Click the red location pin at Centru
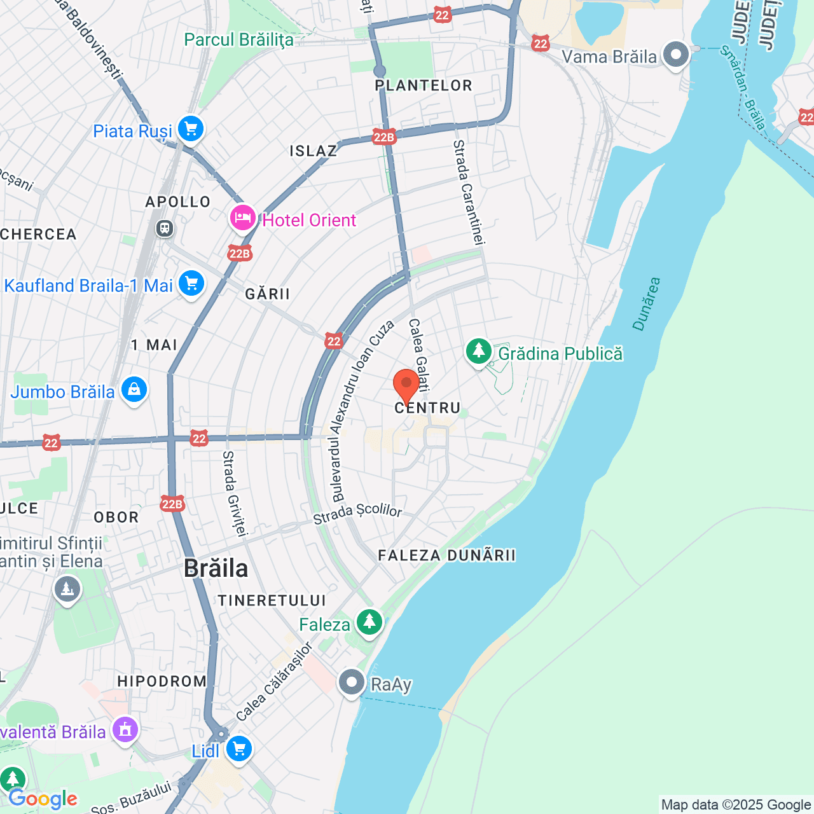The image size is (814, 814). point(406,384)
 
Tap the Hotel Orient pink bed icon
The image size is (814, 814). point(242,218)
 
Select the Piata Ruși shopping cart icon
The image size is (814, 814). point(190,129)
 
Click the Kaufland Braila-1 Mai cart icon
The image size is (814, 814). point(191,284)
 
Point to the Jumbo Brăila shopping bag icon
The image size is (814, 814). point(134,389)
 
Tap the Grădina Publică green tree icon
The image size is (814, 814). point(478,351)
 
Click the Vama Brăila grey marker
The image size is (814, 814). point(675,54)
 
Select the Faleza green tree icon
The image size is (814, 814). point(369,621)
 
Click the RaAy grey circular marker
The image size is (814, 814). point(351,682)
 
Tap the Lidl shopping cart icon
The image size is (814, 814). point(238,748)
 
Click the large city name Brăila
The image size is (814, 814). point(216,568)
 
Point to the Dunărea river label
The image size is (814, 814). point(647,304)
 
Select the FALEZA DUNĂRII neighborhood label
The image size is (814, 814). point(446,555)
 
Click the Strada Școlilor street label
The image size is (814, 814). point(357,513)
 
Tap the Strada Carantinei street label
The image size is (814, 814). point(469,192)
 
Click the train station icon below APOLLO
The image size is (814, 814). point(165,228)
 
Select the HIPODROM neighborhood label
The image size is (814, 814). point(162,681)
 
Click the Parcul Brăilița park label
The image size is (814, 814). point(238,39)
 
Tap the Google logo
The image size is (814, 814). point(43,799)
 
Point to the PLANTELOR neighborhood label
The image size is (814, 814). point(424,85)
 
